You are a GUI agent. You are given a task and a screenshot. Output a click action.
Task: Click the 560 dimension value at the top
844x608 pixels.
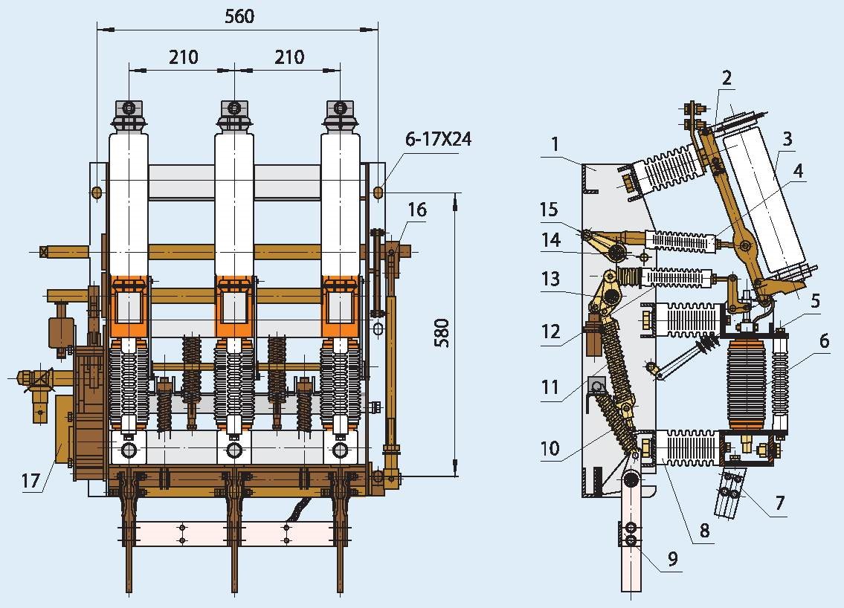click(x=239, y=16)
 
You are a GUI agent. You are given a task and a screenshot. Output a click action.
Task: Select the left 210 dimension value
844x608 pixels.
click(x=183, y=56)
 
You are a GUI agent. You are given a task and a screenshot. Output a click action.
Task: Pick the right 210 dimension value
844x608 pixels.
click(x=289, y=56)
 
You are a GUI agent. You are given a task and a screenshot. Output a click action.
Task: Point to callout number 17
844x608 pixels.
click(x=30, y=482)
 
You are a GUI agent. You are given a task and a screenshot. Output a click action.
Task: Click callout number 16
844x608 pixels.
click(x=417, y=210)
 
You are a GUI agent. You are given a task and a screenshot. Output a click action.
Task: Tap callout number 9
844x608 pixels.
click(x=673, y=558)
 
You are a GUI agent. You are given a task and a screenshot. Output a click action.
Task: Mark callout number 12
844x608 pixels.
click(x=551, y=332)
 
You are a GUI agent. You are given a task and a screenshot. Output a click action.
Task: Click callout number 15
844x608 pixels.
click(x=549, y=210)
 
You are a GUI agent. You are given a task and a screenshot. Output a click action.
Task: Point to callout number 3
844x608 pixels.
click(x=787, y=138)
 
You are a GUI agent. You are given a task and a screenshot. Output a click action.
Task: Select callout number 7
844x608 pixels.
click(x=779, y=504)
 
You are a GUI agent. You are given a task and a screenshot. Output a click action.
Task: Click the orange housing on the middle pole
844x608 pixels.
click(x=235, y=305)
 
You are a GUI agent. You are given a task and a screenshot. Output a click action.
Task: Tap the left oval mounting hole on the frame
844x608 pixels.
click(x=97, y=193)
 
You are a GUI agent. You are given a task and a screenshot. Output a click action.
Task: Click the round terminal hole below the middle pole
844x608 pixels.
click(x=235, y=450)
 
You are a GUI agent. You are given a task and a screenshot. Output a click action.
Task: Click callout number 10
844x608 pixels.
click(x=550, y=448)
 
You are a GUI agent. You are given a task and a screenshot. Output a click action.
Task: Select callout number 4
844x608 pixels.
click(x=798, y=170)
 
